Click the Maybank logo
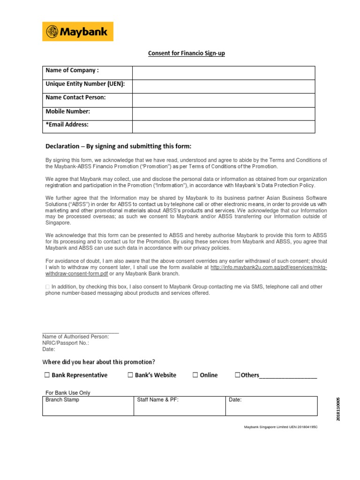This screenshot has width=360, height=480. click(x=78, y=31)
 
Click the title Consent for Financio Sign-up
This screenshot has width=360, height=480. click(x=187, y=53)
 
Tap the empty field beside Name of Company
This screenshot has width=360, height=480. click(x=224, y=73)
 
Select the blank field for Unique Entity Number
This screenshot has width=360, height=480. click(x=224, y=86)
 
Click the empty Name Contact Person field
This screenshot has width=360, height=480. click(x=224, y=100)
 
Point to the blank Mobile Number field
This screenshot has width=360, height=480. click(x=224, y=113)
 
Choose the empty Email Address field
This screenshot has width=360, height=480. click(x=224, y=127)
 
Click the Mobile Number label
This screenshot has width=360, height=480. click(x=67, y=112)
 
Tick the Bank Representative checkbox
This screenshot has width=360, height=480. click(x=47, y=375)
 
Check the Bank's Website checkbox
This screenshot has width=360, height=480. click(x=130, y=375)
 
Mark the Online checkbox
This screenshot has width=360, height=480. click(x=195, y=375)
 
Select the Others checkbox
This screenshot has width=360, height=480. click(x=237, y=375)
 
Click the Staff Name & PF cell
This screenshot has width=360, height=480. click(x=180, y=406)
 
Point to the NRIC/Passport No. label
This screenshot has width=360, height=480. click(x=66, y=343)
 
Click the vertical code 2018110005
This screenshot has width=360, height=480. click(x=338, y=408)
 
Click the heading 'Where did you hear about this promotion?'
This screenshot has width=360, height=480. click(x=98, y=362)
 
